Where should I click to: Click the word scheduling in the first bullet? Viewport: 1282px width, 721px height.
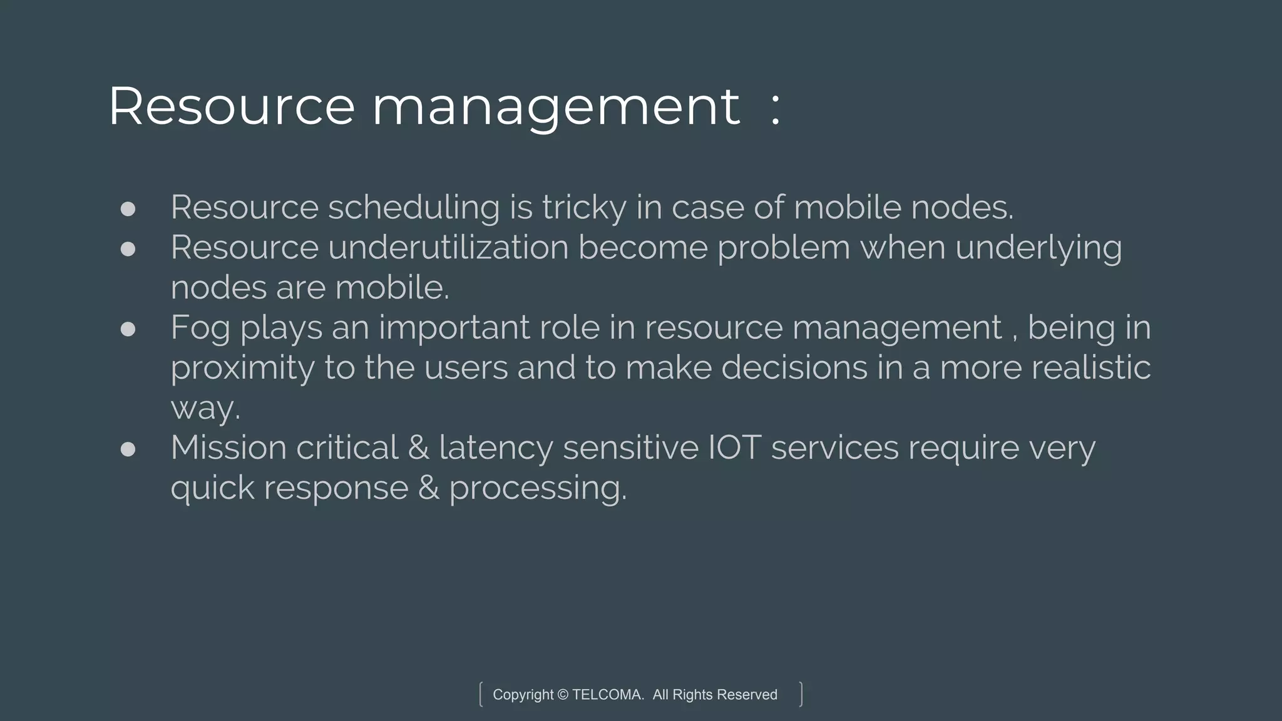pos(414,208)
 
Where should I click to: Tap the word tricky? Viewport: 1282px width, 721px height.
pos(584,208)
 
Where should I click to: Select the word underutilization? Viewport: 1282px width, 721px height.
pos(448,247)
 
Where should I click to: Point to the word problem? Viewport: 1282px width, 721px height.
pos(784,247)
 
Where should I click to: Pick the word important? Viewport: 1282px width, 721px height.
pos(454,327)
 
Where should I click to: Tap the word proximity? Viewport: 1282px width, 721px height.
pos(242,368)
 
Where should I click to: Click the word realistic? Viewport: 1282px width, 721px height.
pos(1091,367)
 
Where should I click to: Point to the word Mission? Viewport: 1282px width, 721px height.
pos(228,447)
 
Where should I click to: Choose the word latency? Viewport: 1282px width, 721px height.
pos(496,448)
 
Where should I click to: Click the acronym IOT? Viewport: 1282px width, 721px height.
pos(734,447)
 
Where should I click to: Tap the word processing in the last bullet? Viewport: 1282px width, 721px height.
pos(538,488)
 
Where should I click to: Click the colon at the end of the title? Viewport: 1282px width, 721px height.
pos(776,108)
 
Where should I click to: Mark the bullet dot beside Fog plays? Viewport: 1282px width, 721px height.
pos(128,329)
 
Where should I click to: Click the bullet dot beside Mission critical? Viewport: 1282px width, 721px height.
pos(128,449)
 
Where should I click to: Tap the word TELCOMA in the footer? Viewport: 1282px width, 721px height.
pos(607,695)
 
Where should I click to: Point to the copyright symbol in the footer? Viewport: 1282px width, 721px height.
pos(562,695)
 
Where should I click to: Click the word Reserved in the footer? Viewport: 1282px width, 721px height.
pos(747,695)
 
